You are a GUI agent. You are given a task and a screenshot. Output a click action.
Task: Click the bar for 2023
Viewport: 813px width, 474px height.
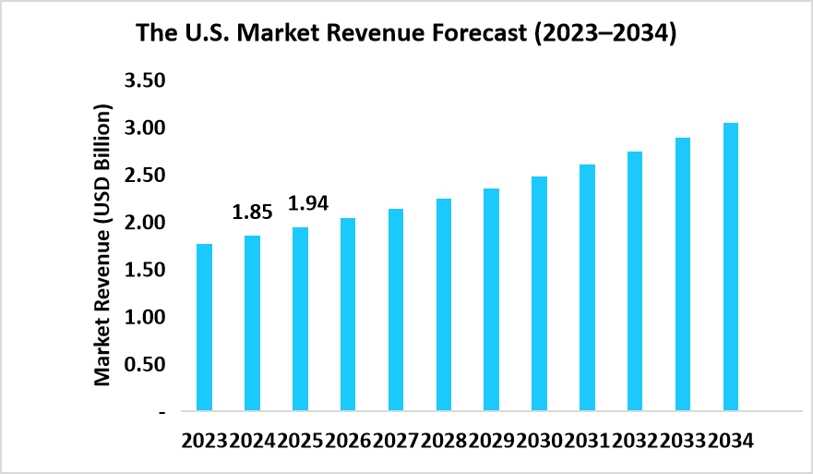click(x=204, y=327)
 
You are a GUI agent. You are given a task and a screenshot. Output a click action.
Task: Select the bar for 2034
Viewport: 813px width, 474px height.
click(x=731, y=267)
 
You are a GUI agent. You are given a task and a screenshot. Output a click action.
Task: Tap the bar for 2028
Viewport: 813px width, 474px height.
click(x=444, y=305)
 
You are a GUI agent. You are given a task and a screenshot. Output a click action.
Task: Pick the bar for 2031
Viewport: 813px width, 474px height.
click(x=587, y=287)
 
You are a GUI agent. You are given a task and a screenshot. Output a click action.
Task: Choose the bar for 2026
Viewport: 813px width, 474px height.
click(x=348, y=314)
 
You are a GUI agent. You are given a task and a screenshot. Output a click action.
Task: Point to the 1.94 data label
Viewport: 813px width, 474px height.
click(x=308, y=202)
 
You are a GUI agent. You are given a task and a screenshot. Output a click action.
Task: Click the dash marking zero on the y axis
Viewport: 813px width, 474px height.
click(x=161, y=411)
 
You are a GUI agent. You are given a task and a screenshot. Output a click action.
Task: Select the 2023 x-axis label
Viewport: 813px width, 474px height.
click(x=205, y=441)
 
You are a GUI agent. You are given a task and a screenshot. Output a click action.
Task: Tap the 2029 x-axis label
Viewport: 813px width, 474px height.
click(x=491, y=441)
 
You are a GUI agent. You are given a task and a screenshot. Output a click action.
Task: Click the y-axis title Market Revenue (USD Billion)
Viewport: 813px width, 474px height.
click(x=102, y=245)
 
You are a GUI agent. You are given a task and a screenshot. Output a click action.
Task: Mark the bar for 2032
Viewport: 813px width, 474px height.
click(x=635, y=281)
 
